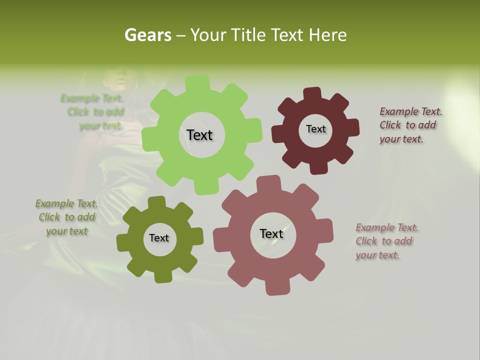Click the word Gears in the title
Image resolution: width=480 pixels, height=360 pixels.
[148, 35]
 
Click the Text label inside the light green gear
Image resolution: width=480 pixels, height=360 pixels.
[199, 135]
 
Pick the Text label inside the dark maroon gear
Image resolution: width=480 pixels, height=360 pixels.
[315, 129]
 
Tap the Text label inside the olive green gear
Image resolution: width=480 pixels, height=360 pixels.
[159, 238]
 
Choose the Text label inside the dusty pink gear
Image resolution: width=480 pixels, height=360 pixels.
[271, 233]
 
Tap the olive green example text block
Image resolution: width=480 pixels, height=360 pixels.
[66, 217]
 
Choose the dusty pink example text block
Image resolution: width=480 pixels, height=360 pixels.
[386, 241]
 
